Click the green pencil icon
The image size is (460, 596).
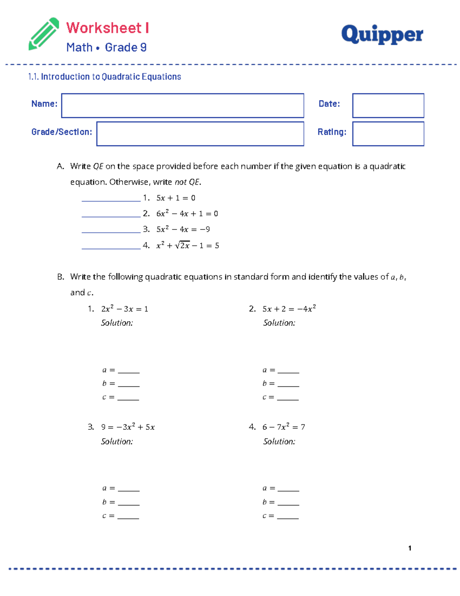[x=44, y=34]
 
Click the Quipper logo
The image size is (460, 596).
[x=382, y=34]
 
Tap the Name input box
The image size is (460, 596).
[x=182, y=106]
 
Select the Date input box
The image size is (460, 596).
[x=388, y=106]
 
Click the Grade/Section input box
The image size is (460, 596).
[x=200, y=134]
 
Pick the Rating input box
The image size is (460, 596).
[x=388, y=134]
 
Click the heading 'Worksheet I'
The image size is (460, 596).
[x=107, y=28]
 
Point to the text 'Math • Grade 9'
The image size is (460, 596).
[x=106, y=48]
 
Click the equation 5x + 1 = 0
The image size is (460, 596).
[x=176, y=198]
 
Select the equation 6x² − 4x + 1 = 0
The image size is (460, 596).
[x=187, y=213]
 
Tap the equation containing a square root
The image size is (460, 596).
[x=187, y=246]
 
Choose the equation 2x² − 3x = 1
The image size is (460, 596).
[x=125, y=309]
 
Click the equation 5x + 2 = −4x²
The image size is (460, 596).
[x=289, y=309]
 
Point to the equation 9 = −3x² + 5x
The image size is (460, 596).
[x=128, y=427]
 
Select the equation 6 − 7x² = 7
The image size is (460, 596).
[x=284, y=427]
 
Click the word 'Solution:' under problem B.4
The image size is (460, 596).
[x=279, y=442]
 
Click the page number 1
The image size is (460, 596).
[x=410, y=548]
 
